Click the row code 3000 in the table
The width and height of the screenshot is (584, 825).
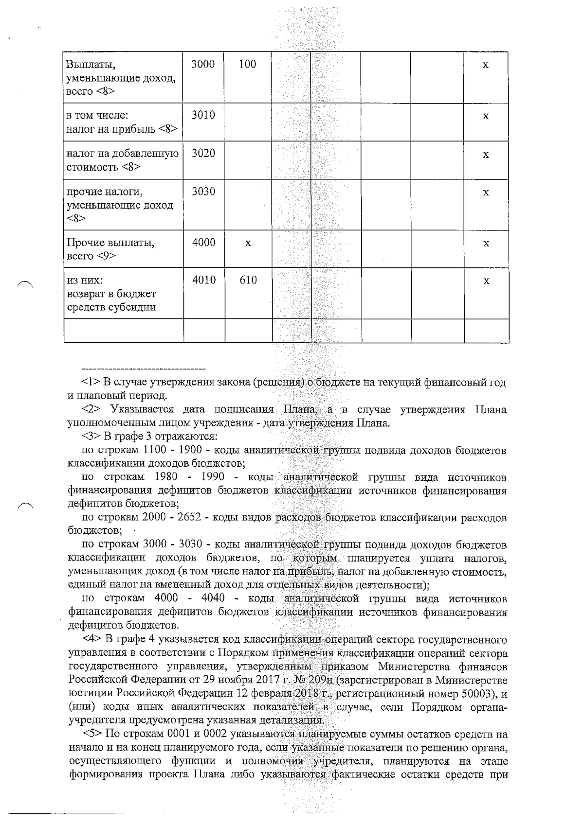pyautogui.click(x=203, y=64)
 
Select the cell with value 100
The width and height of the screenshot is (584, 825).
pyautogui.click(x=248, y=64)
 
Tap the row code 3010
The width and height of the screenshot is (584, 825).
pyautogui.click(x=203, y=115)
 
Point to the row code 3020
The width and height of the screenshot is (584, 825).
pyautogui.click(x=203, y=153)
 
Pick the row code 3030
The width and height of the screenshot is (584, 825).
pyautogui.click(x=203, y=191)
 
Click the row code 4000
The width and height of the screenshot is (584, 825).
pyautogui.click(x=203, y=242)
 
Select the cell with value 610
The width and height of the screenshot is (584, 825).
pyautogui.click(x=248, y=280)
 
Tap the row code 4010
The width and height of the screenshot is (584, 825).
pyautogui.click(x=203, y=280)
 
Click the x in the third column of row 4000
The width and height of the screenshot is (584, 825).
pyautogui.click(x=248, y=243)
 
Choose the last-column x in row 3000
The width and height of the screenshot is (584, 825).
pyautogui.click(x=485, y=65)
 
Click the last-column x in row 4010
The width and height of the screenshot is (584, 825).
pyautogui.click(x=486, y=281)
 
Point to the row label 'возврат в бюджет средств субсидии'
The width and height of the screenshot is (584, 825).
pyautogui.click(x=111, y=300)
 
